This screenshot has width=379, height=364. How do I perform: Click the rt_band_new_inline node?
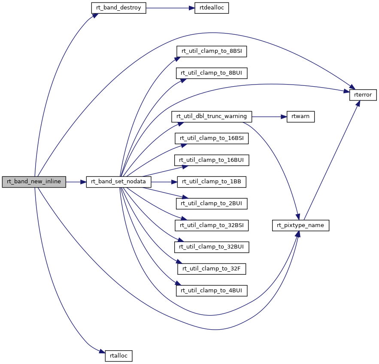34,182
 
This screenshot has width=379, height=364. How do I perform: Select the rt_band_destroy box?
119,8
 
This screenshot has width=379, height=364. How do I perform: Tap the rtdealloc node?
211,8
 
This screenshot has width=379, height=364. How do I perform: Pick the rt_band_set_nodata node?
119,182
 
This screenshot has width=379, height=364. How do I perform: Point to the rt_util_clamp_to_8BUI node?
212,73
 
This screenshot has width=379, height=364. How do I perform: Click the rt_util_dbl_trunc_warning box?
212,116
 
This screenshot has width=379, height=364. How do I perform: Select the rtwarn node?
300,116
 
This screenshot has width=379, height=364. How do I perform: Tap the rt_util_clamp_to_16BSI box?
212,138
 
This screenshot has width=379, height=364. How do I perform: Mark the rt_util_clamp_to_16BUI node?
212,160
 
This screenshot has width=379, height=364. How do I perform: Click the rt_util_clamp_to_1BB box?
212,182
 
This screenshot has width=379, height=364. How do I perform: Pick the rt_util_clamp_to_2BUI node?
212,203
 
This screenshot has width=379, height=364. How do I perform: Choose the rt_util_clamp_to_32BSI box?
212,225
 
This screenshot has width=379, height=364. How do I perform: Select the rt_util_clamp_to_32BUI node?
212,247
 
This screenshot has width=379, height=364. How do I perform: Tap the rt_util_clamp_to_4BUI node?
212,291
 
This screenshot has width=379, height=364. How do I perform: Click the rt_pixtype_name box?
300,225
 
